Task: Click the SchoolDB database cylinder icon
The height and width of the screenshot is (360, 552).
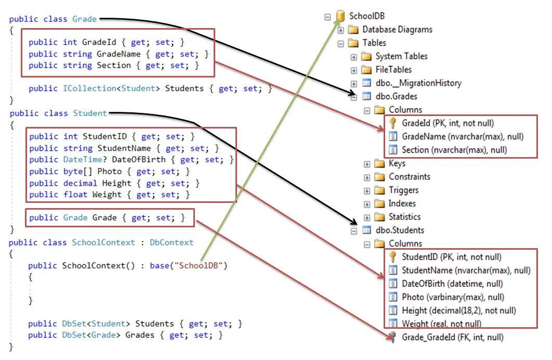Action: tap(340, 16)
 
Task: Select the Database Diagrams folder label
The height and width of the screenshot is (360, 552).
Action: tap(397, 30)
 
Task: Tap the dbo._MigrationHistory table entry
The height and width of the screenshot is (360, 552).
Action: tap(418, 83)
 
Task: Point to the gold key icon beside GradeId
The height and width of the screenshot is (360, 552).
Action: tap(393, 123)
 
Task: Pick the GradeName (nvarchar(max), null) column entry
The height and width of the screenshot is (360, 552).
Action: tap(463, 137)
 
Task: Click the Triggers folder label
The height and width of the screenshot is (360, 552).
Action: tap(403, 190)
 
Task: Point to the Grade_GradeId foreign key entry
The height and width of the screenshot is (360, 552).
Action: tap(452, 337)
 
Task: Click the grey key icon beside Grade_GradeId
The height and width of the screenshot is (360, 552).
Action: tap(393, 337)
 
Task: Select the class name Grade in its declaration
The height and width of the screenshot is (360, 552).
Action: tap(85, 19)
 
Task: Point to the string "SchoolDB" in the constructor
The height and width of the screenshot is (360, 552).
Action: tap(199, 265)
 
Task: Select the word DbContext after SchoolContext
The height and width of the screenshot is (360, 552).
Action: tap(172, 242)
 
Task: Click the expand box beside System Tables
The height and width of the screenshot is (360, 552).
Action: tap(354, 56)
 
